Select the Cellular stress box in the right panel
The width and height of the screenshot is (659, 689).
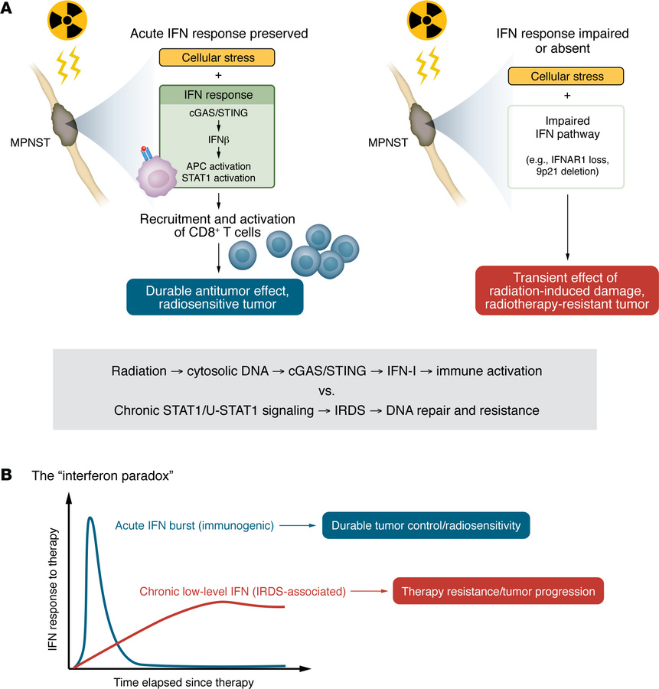(x=566, y=77)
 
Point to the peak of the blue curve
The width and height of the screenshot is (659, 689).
(x=91, y=518)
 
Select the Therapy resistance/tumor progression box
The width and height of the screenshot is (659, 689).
(x=498, y=592)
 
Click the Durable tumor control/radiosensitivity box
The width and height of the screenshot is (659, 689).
(x=426, y=526)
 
